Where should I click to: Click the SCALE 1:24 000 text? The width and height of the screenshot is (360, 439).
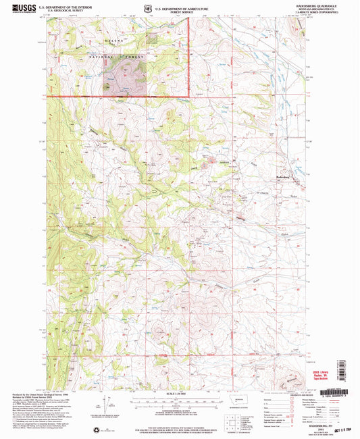[179, 394]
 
